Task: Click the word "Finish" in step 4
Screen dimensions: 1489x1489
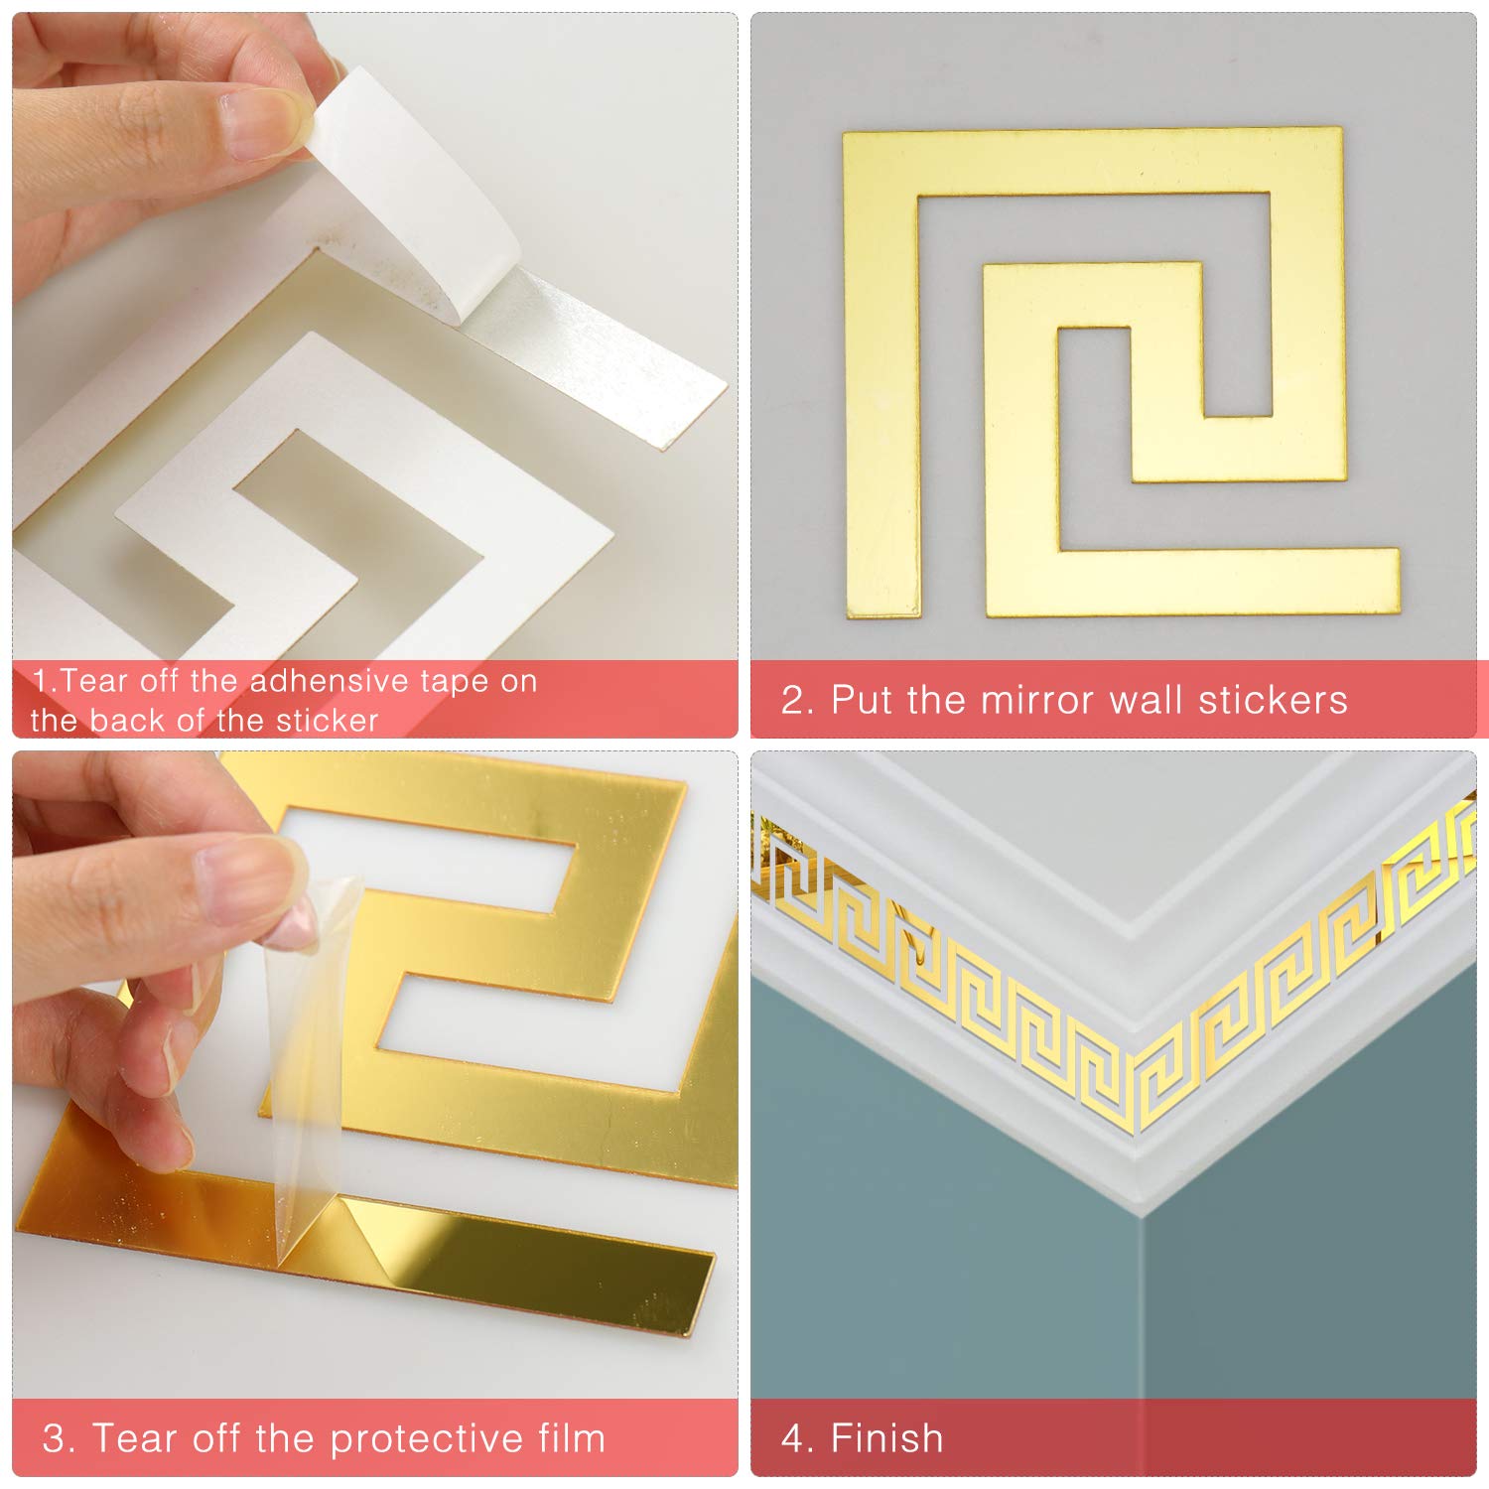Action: [x=886, y=1438]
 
